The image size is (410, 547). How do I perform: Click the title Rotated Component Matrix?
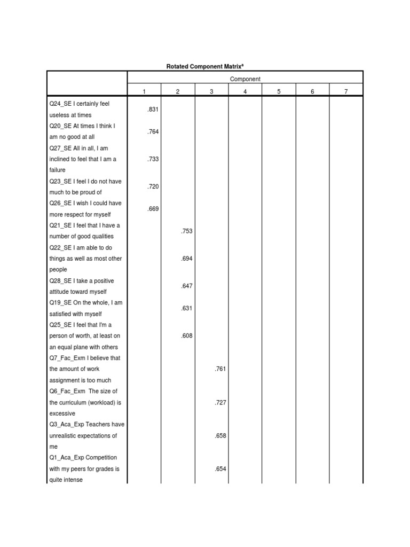pyautogui.click(x=205, y=66)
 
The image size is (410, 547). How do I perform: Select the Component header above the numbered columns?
pyautogui.click(x=245, y=79)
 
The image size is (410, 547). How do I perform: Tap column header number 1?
pyautogui.click(x=144, y=92)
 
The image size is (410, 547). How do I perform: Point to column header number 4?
pyautogui.click(x=245, y=92)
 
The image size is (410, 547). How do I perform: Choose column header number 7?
pyautogui.click(x=346, y=92)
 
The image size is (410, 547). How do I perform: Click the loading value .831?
pyautogui.click(x=153, y=110)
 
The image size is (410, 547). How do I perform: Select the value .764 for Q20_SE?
pyautogui.click(x=153, y=131)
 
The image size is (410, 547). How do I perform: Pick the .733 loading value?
pyautogui.click(x=153, y=159)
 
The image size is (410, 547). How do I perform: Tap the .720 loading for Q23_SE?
pyautogui.click(x=153, y=187)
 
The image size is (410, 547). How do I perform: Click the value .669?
pyautogui.click(x=153, y=209)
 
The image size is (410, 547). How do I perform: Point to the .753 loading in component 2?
pyautogui.click(x=186, y=231)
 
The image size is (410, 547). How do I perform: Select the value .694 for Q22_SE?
pyautogui.click(x=186, y=259)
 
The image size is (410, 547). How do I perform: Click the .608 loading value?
pyautogui.click(x=186, y=337)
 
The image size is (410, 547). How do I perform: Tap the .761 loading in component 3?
pyautogui.click(x=220, y=369)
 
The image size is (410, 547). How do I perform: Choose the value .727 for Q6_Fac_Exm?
pyautogui.click(x=220, y=402)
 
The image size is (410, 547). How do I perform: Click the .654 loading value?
pyautogui.click(x=220, y=469)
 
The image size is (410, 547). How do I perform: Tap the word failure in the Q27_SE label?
pyautogui.click(x=57, y=170)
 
